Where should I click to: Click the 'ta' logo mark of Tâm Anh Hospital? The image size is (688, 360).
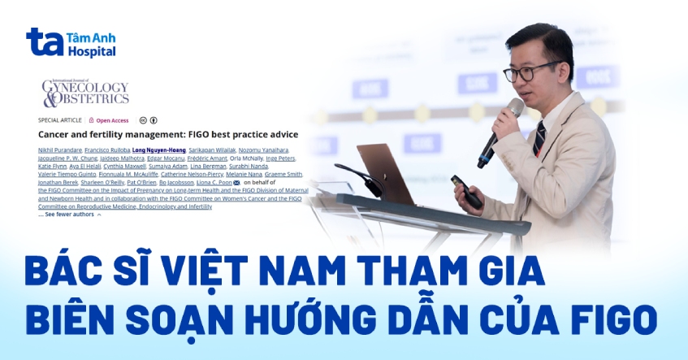(45, 41)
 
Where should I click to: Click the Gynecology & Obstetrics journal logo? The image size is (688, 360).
(85, 93)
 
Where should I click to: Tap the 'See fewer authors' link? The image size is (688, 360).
(69, 215)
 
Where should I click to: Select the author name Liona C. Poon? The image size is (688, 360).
(212, 183)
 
